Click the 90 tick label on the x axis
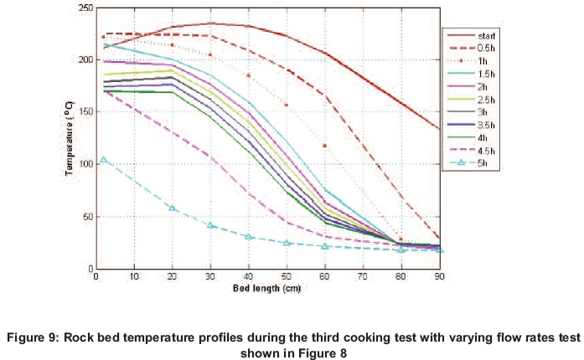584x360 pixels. point(439,277)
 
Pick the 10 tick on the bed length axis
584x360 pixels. point(135,277)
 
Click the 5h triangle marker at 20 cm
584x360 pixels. point(173,208)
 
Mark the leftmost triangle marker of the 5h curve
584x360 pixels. point(103,159)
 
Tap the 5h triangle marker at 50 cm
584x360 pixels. point(287,243)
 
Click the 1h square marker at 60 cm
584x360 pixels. point(325,146)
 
